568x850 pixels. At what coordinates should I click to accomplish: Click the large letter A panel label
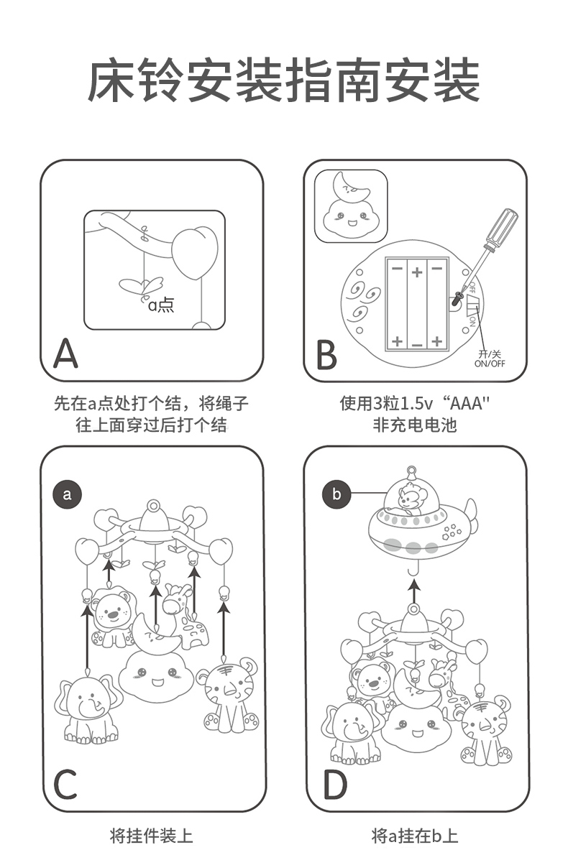[65, 352]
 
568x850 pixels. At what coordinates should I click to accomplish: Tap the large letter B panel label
[326, 354]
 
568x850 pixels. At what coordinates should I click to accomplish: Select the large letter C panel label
[65, 785]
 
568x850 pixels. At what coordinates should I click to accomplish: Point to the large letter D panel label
[334, 785]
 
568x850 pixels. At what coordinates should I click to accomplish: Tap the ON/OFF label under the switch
[490, 359]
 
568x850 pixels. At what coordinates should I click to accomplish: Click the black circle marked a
[68, 494]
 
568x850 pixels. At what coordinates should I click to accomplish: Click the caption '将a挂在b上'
[414, 835]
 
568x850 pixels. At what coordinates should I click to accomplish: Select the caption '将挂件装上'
[151, 835]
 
